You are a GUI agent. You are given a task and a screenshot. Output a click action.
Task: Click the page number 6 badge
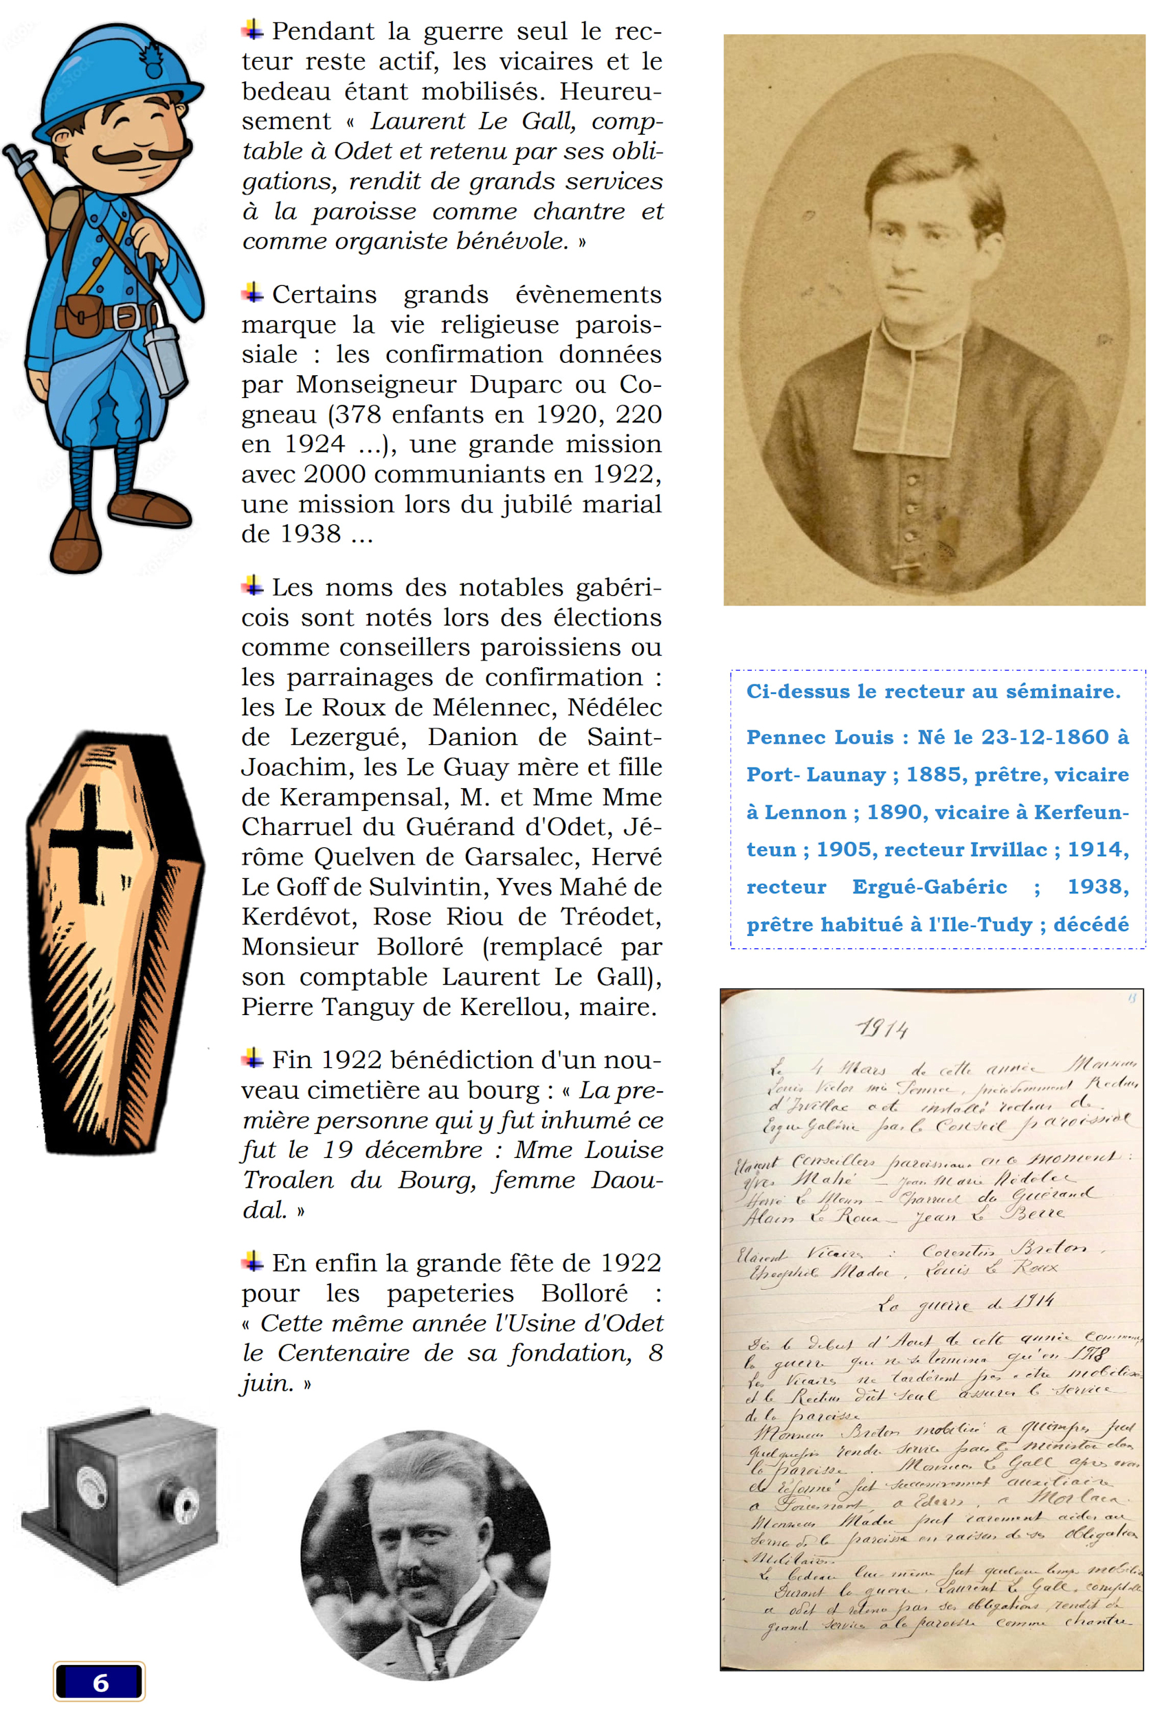(99, 1683)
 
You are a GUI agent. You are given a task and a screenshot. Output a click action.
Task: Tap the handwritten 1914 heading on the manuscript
(882, 1029)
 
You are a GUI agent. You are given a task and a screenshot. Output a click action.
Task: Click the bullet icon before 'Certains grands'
(253, 293)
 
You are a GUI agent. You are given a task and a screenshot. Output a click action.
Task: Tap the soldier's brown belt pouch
(82, 314)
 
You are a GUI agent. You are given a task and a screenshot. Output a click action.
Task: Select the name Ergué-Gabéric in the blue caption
(929, 887)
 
